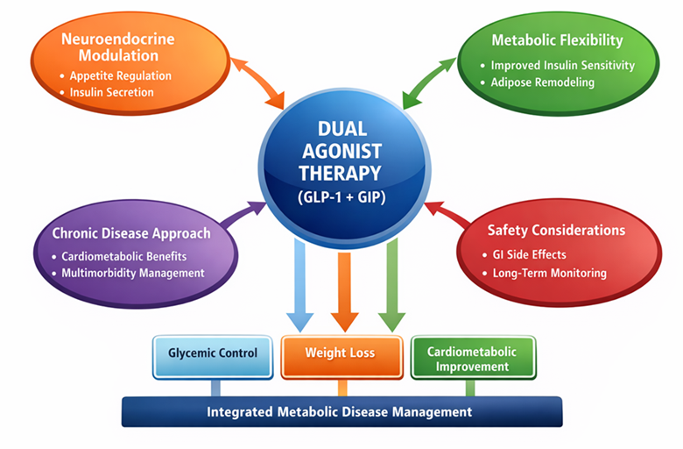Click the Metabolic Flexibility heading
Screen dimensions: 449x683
click(x=557, y=40)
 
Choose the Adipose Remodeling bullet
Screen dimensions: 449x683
click(x=542, y=82)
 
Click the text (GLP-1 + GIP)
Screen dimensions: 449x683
click(x=342, y=196)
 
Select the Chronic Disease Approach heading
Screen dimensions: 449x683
click(x=131, y=233)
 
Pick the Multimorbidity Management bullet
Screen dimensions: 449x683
click(x=133, y=273)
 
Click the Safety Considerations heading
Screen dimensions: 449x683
click(x=556, y=231)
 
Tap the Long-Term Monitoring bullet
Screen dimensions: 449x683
click(x=548, y=273)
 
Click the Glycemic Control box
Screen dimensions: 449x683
click(x=212, y=353)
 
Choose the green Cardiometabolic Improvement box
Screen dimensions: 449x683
click(x=472, y=359)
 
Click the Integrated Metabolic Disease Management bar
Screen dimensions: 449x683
click(x=340, y=411)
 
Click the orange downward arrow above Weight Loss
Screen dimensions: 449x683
click(x=343, y=289)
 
